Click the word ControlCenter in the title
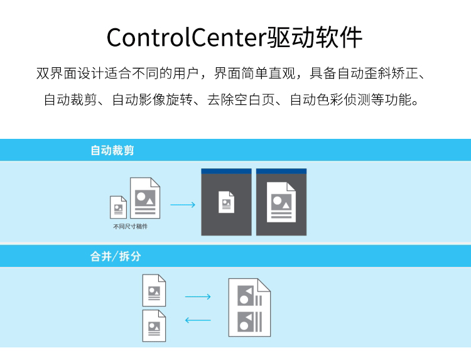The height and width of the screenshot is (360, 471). [187, 38]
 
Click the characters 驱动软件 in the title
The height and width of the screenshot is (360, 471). [315, 38]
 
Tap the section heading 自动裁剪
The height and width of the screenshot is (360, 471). [112, 150]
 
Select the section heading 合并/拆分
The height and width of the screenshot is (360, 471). [116, 256]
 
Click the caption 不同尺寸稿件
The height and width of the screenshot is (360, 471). [131, 226]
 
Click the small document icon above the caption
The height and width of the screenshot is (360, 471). [118, 207]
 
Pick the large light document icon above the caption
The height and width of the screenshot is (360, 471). [145, 198]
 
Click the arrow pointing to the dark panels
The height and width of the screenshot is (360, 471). [183, 205]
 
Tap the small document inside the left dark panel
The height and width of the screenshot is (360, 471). [227, 202]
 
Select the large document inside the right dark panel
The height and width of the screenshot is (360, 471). [281, 202]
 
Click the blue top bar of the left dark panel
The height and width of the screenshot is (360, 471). [227, 172]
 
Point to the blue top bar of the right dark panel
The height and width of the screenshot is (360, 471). [281, 172]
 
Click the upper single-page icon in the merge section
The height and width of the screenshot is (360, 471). [154, 290]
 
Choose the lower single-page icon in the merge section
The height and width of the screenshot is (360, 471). [154, 325]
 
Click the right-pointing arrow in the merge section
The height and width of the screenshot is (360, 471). [198, 297]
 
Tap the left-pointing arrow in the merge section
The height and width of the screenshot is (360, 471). [198, 320]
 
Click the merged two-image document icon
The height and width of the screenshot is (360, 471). [249, 307]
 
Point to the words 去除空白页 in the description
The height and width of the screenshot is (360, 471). [241, 100]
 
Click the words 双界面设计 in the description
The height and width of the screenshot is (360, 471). [70, 74]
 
